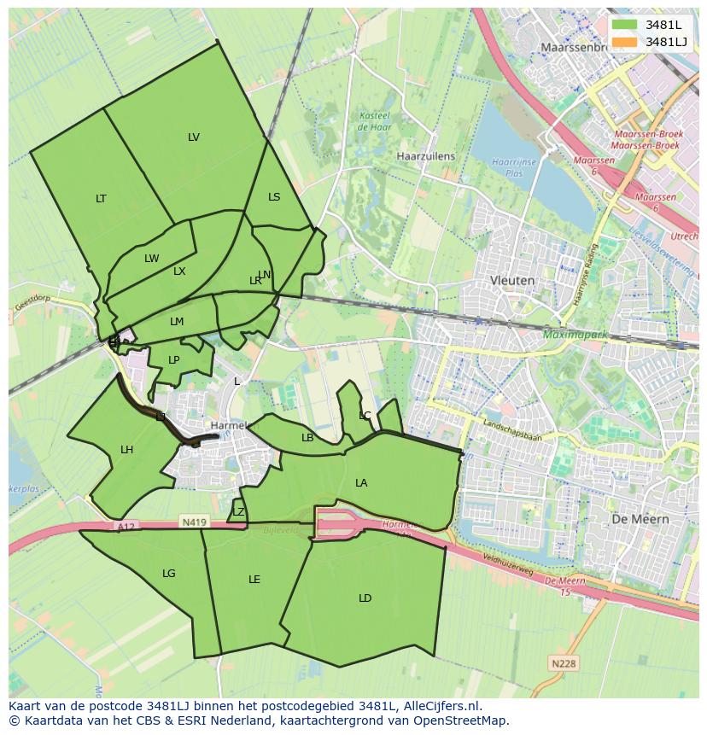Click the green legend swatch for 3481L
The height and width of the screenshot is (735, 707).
tap(624, 25)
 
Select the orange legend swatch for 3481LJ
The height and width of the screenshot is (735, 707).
tap(624, 42)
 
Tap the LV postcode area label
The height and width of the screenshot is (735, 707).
tap(194, 137)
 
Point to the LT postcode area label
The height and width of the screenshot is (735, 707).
tap(101, 199)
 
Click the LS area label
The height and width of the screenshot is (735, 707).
tap(274, 197)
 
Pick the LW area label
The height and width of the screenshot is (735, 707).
tap(151, 259)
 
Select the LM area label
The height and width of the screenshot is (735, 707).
tap(177, 322)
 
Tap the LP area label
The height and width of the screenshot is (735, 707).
tap(174, 360)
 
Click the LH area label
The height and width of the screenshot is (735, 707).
tap(126, 450)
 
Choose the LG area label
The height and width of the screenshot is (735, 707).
tap(169, 574)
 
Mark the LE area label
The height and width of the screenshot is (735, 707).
tap(254, 580)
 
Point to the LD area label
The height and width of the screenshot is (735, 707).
tap(365, 598)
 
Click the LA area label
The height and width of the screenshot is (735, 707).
tap(361, 483)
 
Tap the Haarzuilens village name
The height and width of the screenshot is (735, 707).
tap(426, 157)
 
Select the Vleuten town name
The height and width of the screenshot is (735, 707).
tap(512, 280)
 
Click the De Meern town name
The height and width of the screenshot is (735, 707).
tap(640, 519)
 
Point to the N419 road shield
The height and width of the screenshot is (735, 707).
tap(192, 521)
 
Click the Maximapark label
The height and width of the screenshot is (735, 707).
tap(576, 335)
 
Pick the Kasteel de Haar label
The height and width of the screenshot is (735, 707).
tap(374, 121)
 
